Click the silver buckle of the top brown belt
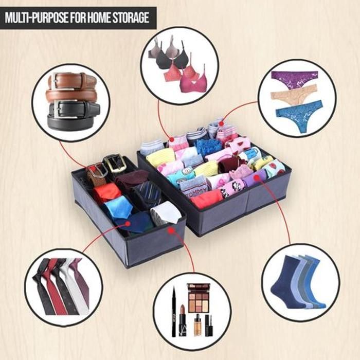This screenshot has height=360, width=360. tap(56, 80)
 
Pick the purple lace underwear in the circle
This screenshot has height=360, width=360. tap(295, 79)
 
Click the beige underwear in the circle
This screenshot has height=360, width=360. tap(294, 95)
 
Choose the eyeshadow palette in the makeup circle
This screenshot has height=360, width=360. tap(199, 298)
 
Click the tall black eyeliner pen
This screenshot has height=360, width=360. tap(174, 311)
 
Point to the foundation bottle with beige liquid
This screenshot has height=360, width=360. tap(197, 325)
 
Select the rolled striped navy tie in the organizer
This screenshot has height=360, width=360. tap(148, 192)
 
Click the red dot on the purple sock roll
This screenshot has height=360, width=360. tap(257, 177)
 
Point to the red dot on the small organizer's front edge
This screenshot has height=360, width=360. tap(171, 230)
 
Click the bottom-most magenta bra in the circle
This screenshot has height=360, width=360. tap(193, 81)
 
